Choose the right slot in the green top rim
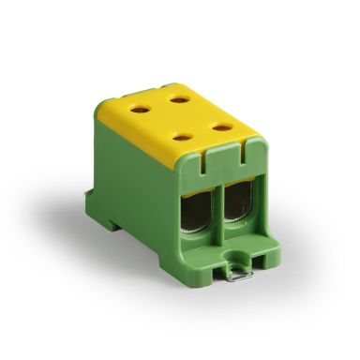point(249,144)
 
